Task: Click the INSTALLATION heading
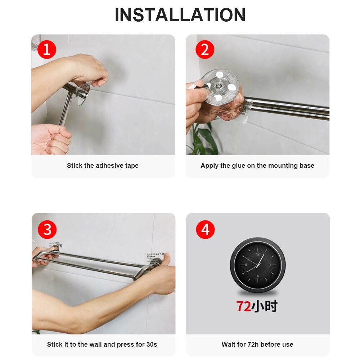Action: pos(180,15)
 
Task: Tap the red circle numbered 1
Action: pos(47,50)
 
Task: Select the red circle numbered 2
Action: pos(205,50)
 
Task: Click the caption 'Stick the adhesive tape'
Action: pos(103,166)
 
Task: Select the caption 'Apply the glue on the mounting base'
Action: pos(257,166)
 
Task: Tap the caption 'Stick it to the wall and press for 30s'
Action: pos(102,345)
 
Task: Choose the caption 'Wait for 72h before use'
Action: pos(257,345)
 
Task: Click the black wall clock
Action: pos(258,265)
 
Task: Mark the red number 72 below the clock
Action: pos(243,306)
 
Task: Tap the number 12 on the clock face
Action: pos(257,254)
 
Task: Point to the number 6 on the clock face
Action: pos(258,276)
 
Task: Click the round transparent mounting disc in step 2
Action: pos(220,86)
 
